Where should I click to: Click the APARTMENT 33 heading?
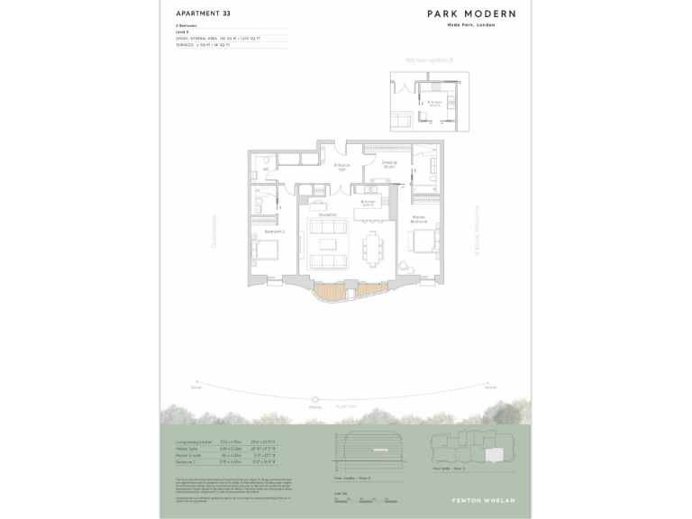[x=202, y=14]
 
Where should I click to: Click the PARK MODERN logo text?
[x=472, y=14]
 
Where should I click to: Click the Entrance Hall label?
[x=342, y=167]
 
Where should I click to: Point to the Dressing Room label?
[x=389, y=164]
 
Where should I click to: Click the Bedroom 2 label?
[x=275, y=232]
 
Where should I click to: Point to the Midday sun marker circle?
[x=314, y=399]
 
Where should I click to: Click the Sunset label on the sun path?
[x=196, y=386]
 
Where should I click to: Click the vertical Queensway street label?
[x=214, y=231]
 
